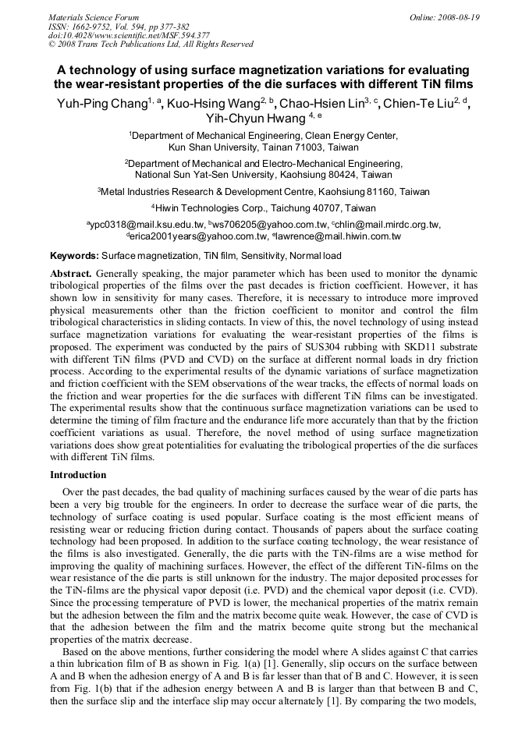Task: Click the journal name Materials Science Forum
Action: pos(94,16)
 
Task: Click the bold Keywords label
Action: pos(74,255)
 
